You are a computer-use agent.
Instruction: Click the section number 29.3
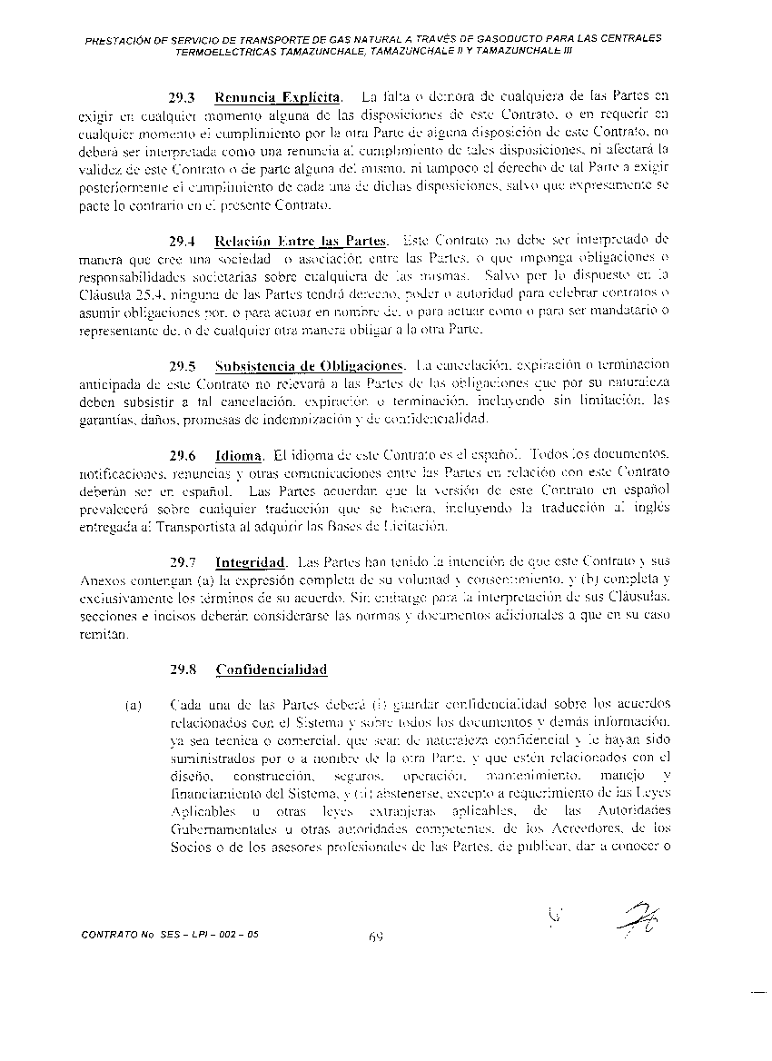(x=183, y=96)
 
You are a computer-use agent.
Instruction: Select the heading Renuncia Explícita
(x=279, y=96)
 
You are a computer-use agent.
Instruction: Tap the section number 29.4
(x=183, y=241)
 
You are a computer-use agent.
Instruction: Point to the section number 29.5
(x=183, y=366)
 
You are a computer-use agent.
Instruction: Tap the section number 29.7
(x=183, y=562)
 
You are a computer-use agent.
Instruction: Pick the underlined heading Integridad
(x=251, y=562)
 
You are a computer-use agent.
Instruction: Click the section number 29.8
(x=183, y=669)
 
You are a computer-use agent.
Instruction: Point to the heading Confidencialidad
(x=271, y=669)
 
